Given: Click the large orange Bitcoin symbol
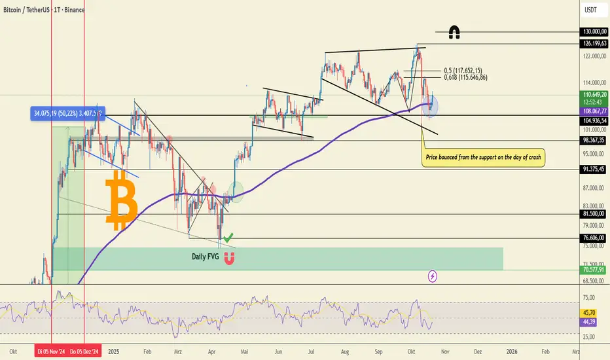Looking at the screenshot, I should (x=122, y=200).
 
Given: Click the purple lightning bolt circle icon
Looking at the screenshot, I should (x=433, y=276).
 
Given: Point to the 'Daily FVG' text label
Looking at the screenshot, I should (x=205, y=256).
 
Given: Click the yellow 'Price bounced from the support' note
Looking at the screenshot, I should (x=484, y=158).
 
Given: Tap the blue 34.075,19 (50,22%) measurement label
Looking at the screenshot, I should (x=67, y=113).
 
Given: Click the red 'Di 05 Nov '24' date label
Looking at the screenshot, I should (x=50, y=351).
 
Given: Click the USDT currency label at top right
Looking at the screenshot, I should (x=591, y=10).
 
